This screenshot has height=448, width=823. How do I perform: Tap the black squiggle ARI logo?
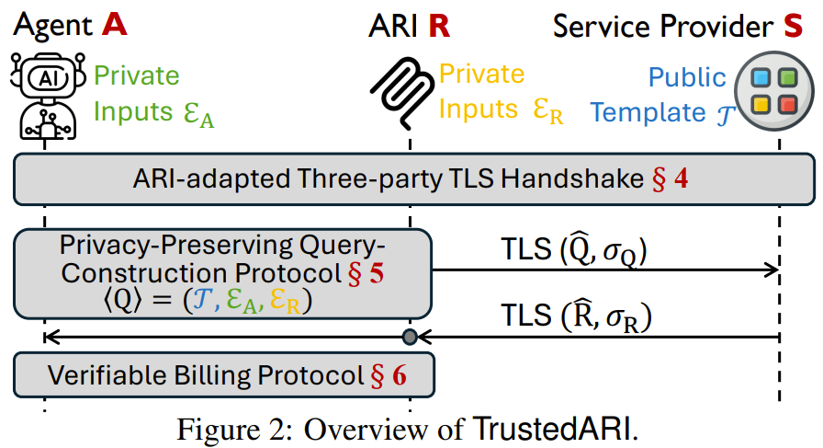402,93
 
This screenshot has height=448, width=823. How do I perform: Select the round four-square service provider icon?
774,91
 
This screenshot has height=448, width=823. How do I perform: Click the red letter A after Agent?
115,25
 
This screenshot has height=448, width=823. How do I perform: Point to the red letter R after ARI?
439,26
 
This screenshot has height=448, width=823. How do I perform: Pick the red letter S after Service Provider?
793,26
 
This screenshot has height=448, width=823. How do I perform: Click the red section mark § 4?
670,178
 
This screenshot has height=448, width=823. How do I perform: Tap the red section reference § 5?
366,273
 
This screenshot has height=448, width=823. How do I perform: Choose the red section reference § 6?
389,375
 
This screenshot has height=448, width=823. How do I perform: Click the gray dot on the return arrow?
410,337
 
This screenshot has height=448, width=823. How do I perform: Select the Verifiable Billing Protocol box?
224,375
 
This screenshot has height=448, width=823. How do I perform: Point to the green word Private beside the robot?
137,75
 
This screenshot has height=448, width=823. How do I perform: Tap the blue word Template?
648,113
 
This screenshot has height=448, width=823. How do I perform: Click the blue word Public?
687,77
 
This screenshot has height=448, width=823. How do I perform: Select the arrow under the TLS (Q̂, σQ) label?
605,270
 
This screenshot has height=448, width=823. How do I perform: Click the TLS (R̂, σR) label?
576,317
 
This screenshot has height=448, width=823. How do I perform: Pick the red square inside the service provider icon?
787,105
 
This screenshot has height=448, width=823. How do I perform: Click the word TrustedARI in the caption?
551,429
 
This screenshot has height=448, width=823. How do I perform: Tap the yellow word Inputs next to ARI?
479,109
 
